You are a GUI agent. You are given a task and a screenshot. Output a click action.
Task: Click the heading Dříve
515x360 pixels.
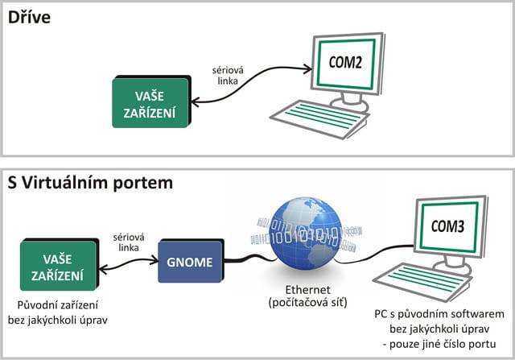30,16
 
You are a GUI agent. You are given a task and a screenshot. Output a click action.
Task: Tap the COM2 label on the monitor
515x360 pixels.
349,60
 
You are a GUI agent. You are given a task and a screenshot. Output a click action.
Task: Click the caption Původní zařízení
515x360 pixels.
62,305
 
